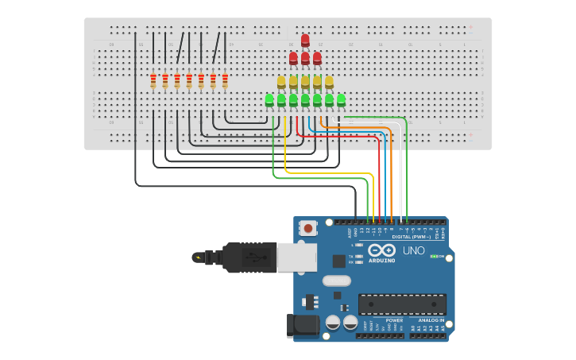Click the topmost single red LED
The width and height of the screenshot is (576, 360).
pyautogui.click(x=305, y=40)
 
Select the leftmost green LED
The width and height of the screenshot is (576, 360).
pyautogui.click(x=269, y=99)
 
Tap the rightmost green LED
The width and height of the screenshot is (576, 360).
pyautogui.click(x=341, y=99)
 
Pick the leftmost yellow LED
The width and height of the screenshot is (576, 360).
pyautogui.click(x=281, y=82)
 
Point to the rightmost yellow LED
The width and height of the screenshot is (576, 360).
pyautogui.click(x=329, y=82)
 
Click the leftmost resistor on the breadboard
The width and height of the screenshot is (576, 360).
pyautogui.click(x=153, y=80)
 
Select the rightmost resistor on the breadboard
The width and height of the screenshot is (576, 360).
pyautogui.click(x=225, y=80)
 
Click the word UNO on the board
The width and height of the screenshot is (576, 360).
pyautogui.click(x=413, y=250)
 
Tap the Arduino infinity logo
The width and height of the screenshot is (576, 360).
pyautogui.click(x=381, y=250)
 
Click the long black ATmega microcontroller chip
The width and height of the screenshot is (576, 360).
pyautogui.click(x=402, y=304)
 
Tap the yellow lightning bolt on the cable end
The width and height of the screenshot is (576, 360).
pyautogui.click(x=197, y=257)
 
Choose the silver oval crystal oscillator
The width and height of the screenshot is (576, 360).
pyautogui.click(x=337, y=281)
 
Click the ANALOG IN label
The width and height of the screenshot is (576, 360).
pyautogui.click(x=431, y=320)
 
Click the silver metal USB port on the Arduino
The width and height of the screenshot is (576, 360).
pyautogui.click(x=296, y=257)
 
